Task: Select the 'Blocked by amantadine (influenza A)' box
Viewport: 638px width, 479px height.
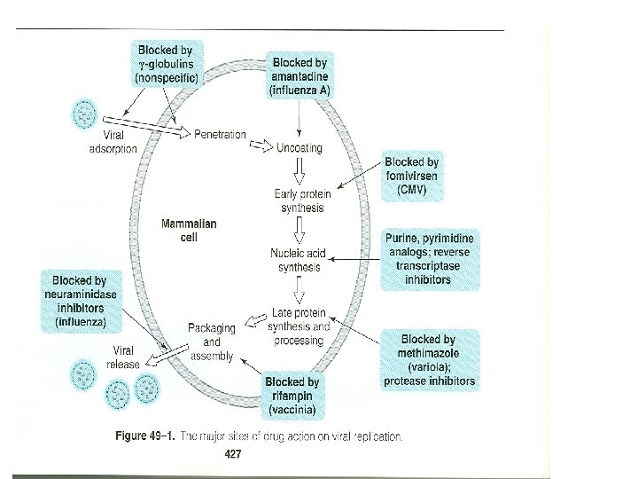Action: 300,76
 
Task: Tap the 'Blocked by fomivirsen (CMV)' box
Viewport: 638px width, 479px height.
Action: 412,177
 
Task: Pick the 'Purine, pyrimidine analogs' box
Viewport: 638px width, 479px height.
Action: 430,259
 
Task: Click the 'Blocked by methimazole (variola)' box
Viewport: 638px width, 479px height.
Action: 429,360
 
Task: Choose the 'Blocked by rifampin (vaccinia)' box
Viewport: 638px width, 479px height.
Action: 292,397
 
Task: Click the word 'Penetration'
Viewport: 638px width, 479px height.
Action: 220,134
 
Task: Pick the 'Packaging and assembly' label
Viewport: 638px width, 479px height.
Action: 211,342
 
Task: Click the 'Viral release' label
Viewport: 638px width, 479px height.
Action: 123,357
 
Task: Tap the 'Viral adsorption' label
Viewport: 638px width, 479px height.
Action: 113,143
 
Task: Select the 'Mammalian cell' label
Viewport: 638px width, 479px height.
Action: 188,232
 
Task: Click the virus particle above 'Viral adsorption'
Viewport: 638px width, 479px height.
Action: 86,114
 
